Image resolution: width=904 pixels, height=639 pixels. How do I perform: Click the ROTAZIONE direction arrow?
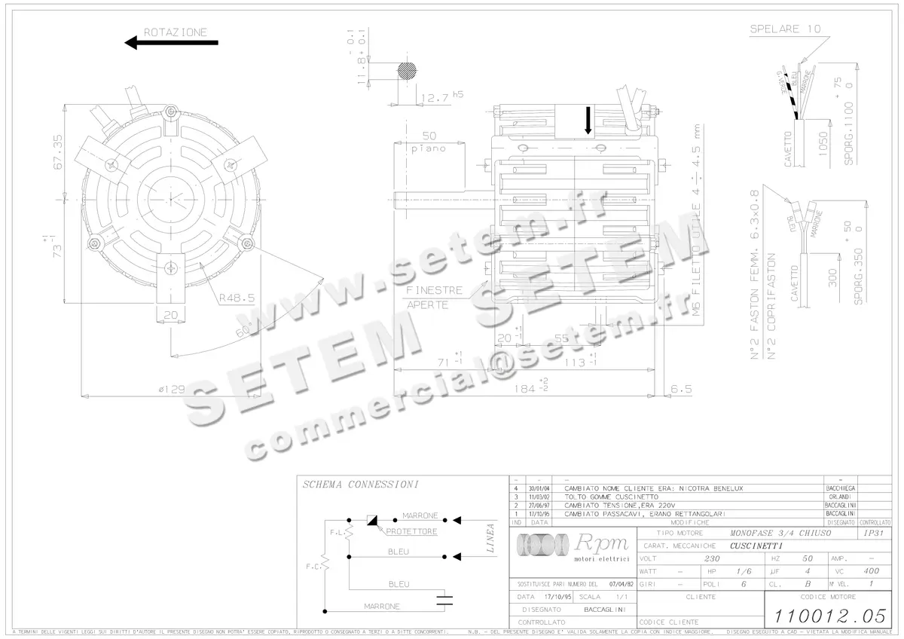coord(171,43)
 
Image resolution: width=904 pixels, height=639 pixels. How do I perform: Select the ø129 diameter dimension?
coord(172,389)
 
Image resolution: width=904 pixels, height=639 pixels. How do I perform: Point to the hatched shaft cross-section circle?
coord(408,70)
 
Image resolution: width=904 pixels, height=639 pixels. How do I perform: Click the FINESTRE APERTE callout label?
coord(433,298)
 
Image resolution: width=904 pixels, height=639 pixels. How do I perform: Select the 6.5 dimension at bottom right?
coord(681,389)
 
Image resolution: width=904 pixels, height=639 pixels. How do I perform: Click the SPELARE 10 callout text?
coord(784,29)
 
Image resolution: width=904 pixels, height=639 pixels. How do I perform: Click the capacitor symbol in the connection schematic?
coord(447,600)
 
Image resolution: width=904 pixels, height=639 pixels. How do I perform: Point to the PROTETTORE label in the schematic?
coord(411,531)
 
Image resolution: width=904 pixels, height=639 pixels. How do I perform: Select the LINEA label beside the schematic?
coord(490,538)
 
